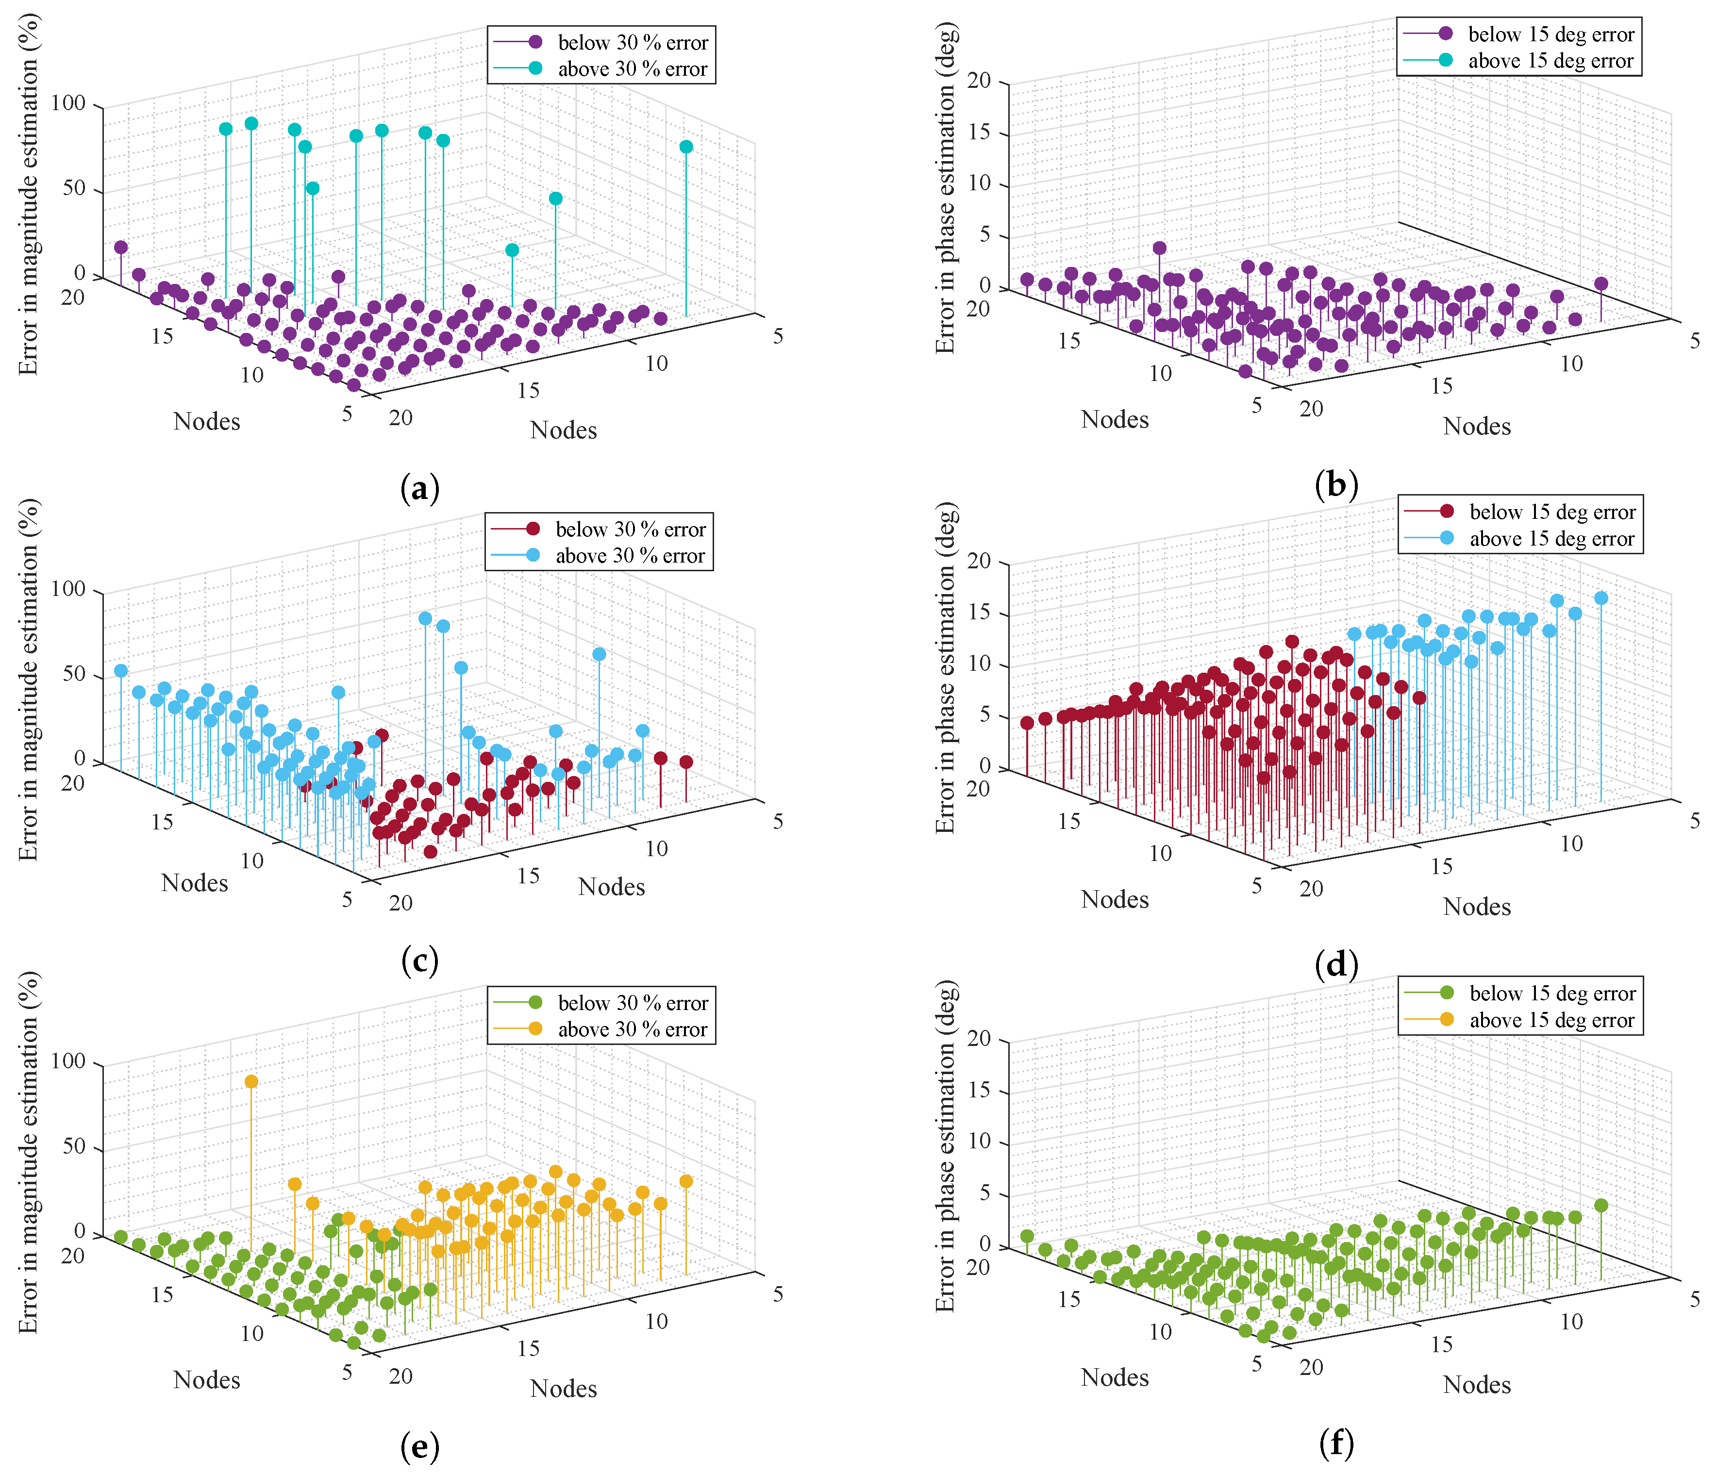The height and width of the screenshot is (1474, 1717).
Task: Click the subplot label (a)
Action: coord(419,489)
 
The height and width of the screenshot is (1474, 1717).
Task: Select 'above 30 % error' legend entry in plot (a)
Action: coord(632,69)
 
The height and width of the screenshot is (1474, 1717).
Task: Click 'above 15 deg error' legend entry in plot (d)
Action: coord(1552,539)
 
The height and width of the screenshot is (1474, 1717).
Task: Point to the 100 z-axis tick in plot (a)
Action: coord(69,103)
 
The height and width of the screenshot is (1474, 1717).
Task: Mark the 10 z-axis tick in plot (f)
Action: coord(980,1141)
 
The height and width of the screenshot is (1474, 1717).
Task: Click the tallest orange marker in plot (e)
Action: coord(251,1081)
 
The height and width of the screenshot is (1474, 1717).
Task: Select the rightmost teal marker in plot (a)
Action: coord(686,147)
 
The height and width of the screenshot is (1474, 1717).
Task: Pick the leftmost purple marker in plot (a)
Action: coord(121,247)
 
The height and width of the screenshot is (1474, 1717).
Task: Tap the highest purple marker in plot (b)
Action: coord(1159,248)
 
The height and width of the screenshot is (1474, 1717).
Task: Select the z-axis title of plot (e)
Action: coord(29,1152)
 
